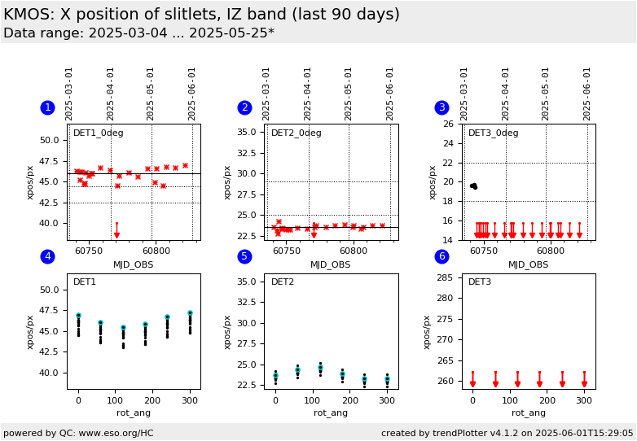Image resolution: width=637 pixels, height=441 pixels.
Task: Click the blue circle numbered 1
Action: pos(47,107)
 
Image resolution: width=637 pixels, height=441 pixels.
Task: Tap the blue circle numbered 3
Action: pos(442,107)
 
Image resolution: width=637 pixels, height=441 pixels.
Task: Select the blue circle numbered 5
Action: pos(244,257)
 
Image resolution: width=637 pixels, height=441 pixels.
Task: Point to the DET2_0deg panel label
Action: pos(296,133)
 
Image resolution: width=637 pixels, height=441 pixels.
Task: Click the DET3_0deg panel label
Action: pos(493,133)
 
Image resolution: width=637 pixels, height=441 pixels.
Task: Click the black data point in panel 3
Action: pos(473,186)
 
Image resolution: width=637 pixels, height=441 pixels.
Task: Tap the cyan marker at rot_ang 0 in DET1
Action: pos(78,315)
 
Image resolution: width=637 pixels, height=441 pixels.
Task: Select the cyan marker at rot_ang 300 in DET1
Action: pos(190,313)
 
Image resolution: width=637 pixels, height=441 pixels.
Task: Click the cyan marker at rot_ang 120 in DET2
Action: pos(320,368)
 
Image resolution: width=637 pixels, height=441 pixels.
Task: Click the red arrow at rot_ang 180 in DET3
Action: pos(539,382)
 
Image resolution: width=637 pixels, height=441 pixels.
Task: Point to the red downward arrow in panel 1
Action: pos(116,234)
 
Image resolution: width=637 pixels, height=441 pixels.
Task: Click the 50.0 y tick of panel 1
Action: pos(49,140)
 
